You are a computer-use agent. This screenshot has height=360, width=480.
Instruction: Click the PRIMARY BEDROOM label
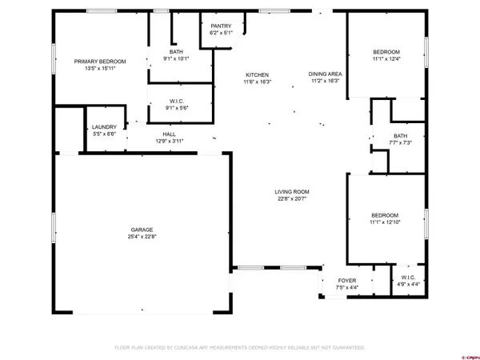click(100, 62)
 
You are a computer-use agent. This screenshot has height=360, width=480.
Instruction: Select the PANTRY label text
click(221, 26)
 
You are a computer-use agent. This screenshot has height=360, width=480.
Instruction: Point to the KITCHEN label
click(258, 74)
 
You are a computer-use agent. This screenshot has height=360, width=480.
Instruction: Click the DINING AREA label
click(325, 74)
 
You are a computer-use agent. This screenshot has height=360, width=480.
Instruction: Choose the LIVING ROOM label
click(292, 192)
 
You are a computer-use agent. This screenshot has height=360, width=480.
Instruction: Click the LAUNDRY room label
click(104, 127)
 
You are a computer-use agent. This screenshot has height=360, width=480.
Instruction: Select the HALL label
click(170, 134)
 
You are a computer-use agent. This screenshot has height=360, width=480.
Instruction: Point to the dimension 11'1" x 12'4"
click(386, 58)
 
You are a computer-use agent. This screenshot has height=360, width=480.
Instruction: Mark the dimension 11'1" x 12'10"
click(386, 222)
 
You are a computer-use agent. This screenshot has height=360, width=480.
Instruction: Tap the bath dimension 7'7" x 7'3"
click(400, 142)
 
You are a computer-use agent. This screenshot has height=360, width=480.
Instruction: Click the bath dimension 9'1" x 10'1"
click(175, 58)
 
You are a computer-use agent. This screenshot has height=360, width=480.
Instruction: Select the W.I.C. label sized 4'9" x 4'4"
click(408, 278)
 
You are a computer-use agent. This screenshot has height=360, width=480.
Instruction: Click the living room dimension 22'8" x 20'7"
click(292, 199)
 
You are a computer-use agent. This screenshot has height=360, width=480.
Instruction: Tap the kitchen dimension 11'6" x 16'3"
click(258, 82)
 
